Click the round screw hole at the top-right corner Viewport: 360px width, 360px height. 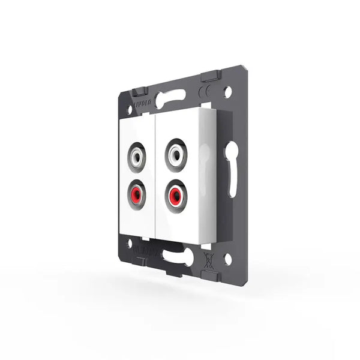227,93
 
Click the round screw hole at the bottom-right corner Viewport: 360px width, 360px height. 227,259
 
